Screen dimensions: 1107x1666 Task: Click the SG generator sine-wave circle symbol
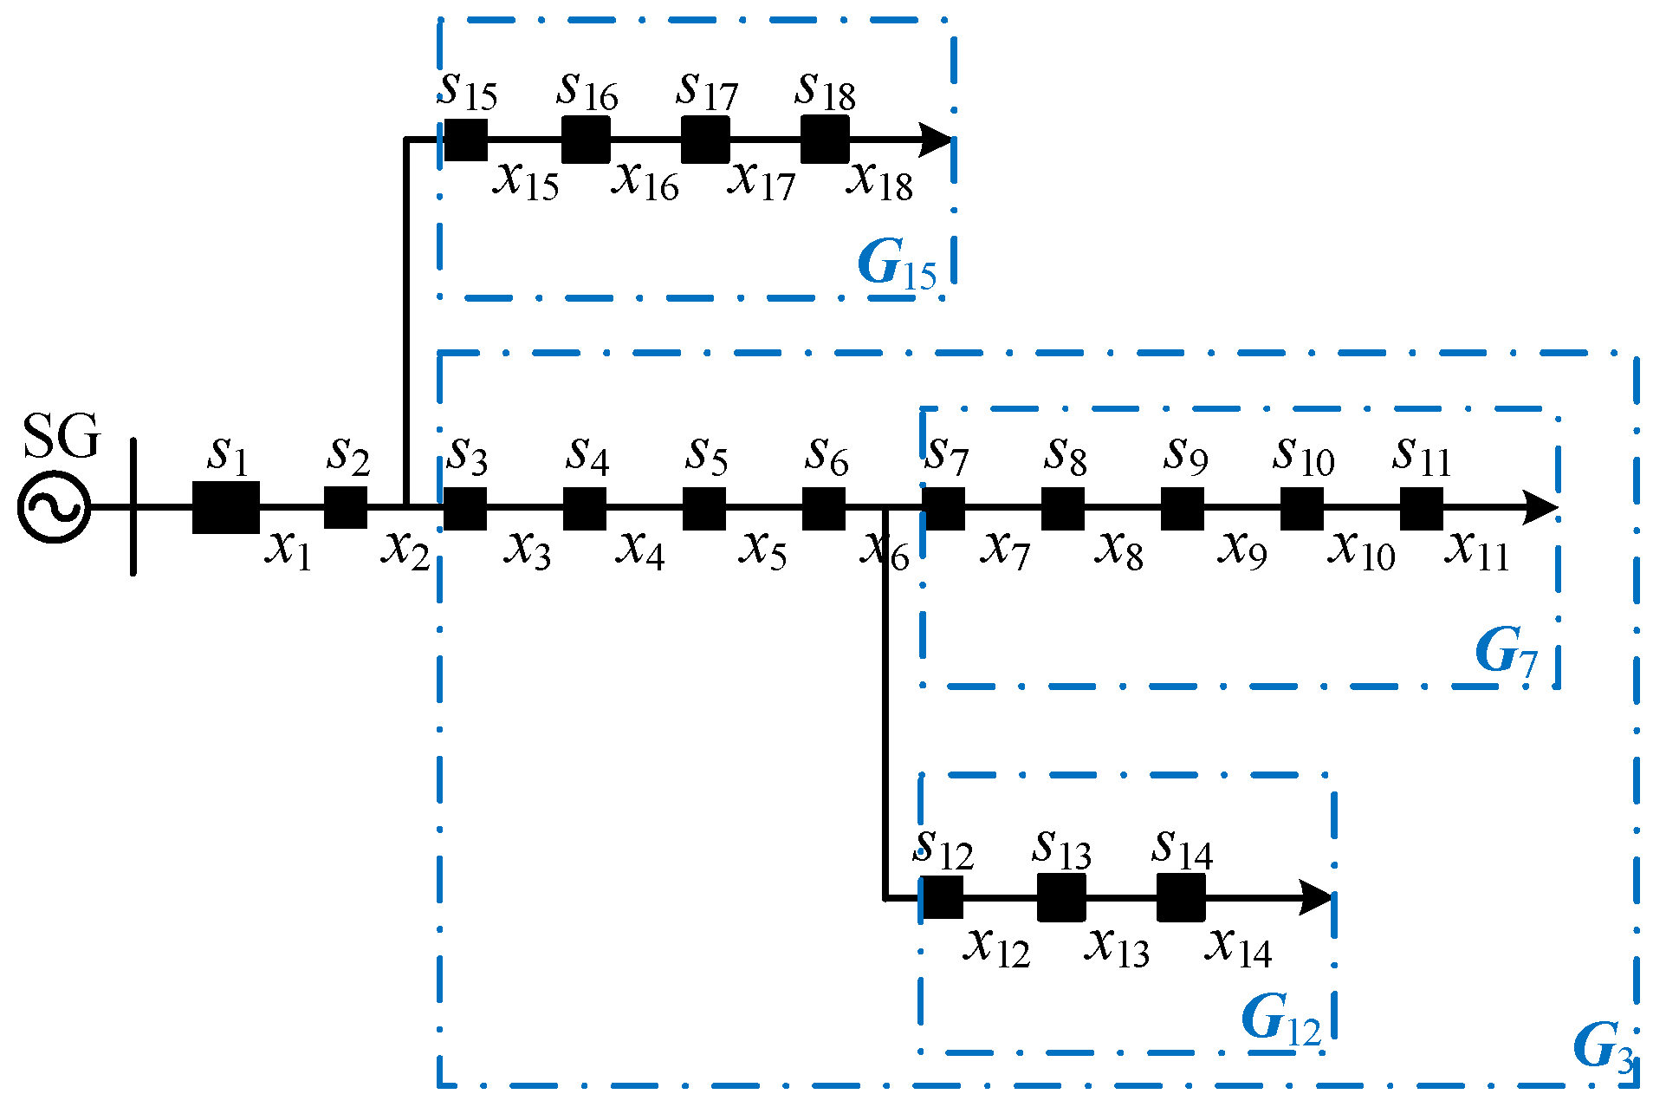[55, 507]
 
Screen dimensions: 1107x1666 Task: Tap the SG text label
[61, 436]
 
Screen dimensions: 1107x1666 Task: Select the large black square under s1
[225, 507]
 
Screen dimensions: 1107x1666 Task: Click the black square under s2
[346, 507]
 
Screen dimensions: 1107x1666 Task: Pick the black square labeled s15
[465, 140]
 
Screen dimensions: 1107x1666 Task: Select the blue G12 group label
[1280, 1019]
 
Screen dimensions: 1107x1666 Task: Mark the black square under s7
[943, 508]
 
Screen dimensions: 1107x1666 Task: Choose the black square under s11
[1422, 508]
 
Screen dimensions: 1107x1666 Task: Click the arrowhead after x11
[1540, 508]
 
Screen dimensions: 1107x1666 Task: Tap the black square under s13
[1061, 897]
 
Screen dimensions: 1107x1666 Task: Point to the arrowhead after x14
[1315, 897]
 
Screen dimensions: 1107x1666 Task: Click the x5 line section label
[762, 549]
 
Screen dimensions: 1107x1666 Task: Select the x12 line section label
[996, 946]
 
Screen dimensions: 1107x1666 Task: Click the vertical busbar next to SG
[133, 507]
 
